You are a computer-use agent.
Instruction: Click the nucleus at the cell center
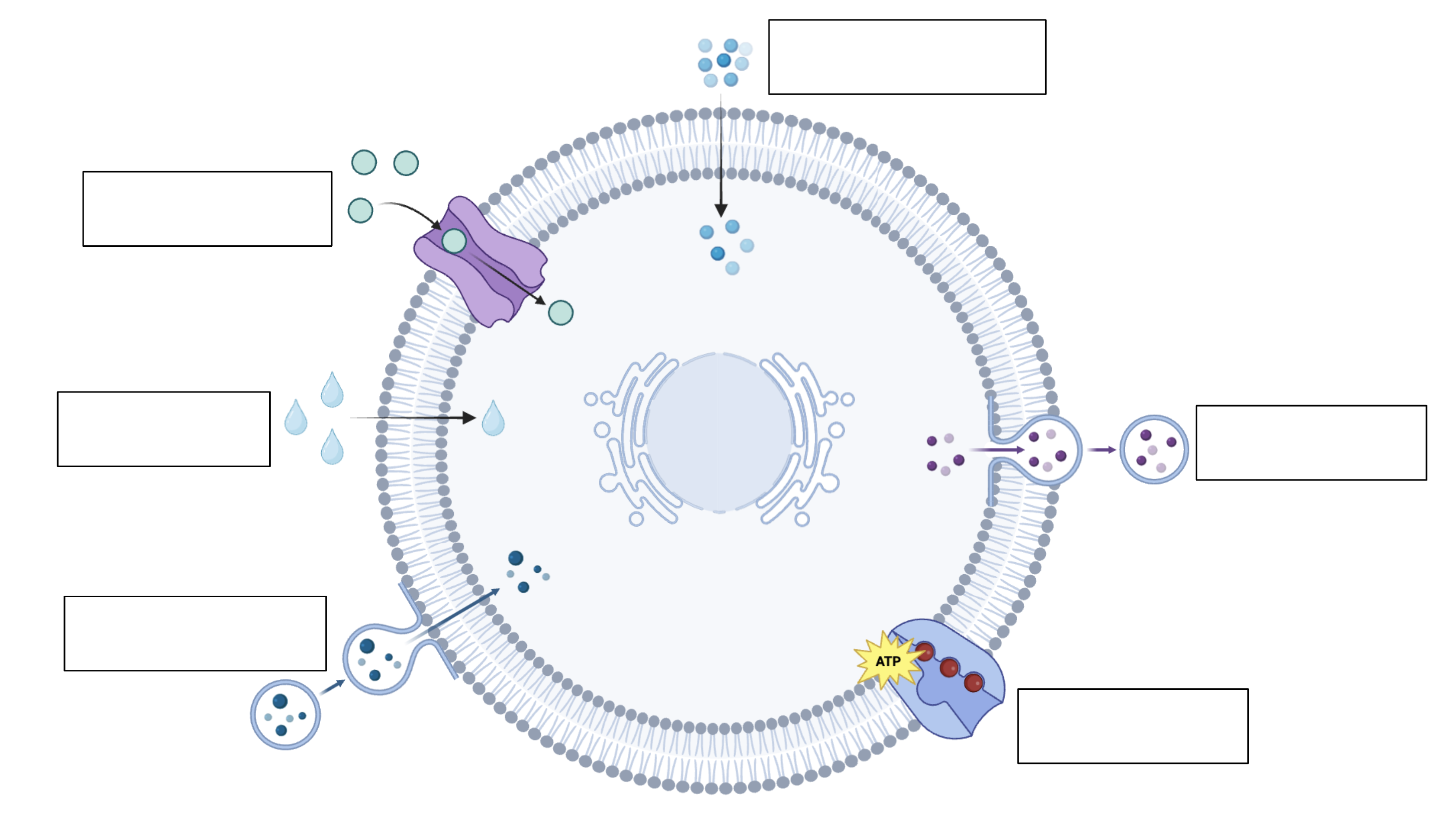pyautogui.click(x=719, y=433)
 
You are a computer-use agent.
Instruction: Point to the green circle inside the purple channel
pyautogui.click(x=454, y=241)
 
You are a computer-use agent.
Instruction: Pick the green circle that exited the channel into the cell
pyautogui.click(x=560, y=312)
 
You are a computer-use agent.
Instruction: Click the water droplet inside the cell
pyautogui.click(x=493, y=418)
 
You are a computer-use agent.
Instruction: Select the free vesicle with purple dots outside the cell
pyautogui.click(x=1154, y=450)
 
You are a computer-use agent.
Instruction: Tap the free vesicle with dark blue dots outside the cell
pyautogui.click(x=285, y=715)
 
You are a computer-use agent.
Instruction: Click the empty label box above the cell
pyautogui.click(x=907, y=57)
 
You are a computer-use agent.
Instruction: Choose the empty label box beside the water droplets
pyautogui.click(x=164, y=429)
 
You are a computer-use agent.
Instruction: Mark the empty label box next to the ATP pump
pyautogui.click(x=1133, y=726)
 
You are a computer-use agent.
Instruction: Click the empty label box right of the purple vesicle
pyautogui.click(x=1311, y=443)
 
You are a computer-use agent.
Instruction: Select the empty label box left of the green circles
pyautogui.click(x=207, y=209)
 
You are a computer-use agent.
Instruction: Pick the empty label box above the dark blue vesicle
pyautogui.click(x=195, y=634)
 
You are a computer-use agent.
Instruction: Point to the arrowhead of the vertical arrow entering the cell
pyautogui.click(x=721, y=211)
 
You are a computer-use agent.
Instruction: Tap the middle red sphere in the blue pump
pyautogui.click(x=949, y=668)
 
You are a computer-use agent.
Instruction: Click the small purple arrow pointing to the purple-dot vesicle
pyautogui.click(x=1102, y=450)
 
